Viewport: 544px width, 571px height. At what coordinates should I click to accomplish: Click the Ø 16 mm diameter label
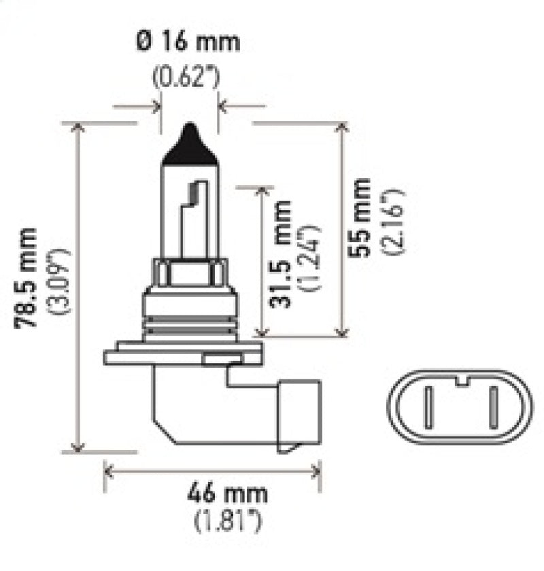click(x=189, y=42)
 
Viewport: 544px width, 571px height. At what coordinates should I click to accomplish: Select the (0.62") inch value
click(x=186, y=77)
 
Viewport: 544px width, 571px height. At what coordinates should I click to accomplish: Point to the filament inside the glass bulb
click(x=194, y=204)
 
